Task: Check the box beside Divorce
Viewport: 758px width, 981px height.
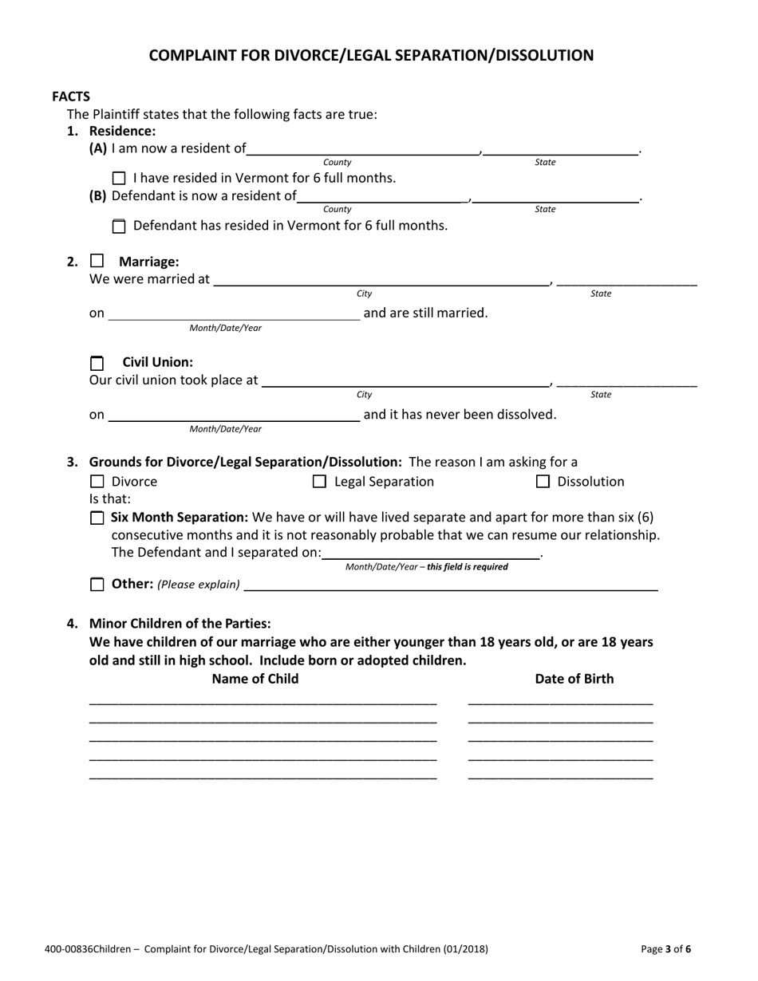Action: click(x=97, y=482)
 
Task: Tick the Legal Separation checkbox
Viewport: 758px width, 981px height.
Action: click(x=319, y=482)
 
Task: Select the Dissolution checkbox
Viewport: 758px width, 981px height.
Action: click(x=543, y=482)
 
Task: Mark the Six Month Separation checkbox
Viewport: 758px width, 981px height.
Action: click(x=97, y=518)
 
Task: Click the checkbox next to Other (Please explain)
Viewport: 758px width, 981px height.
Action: click(x=97, y=585)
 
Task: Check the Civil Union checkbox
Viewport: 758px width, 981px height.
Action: click(x=97, y=363)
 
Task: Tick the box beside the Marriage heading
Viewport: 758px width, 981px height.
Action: click(x=97, y=261)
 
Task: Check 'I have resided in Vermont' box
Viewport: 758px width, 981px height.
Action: click(x=120, y=178)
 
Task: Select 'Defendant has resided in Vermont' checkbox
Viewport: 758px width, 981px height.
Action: click(x=120, y=227)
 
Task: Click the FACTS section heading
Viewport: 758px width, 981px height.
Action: click(x=71, y=97)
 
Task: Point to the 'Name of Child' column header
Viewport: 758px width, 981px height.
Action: click(x=255, y=679)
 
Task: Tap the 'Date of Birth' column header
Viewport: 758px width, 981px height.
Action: click(x=574, y=679)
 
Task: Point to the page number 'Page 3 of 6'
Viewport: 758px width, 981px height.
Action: click(x=666, y=949)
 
